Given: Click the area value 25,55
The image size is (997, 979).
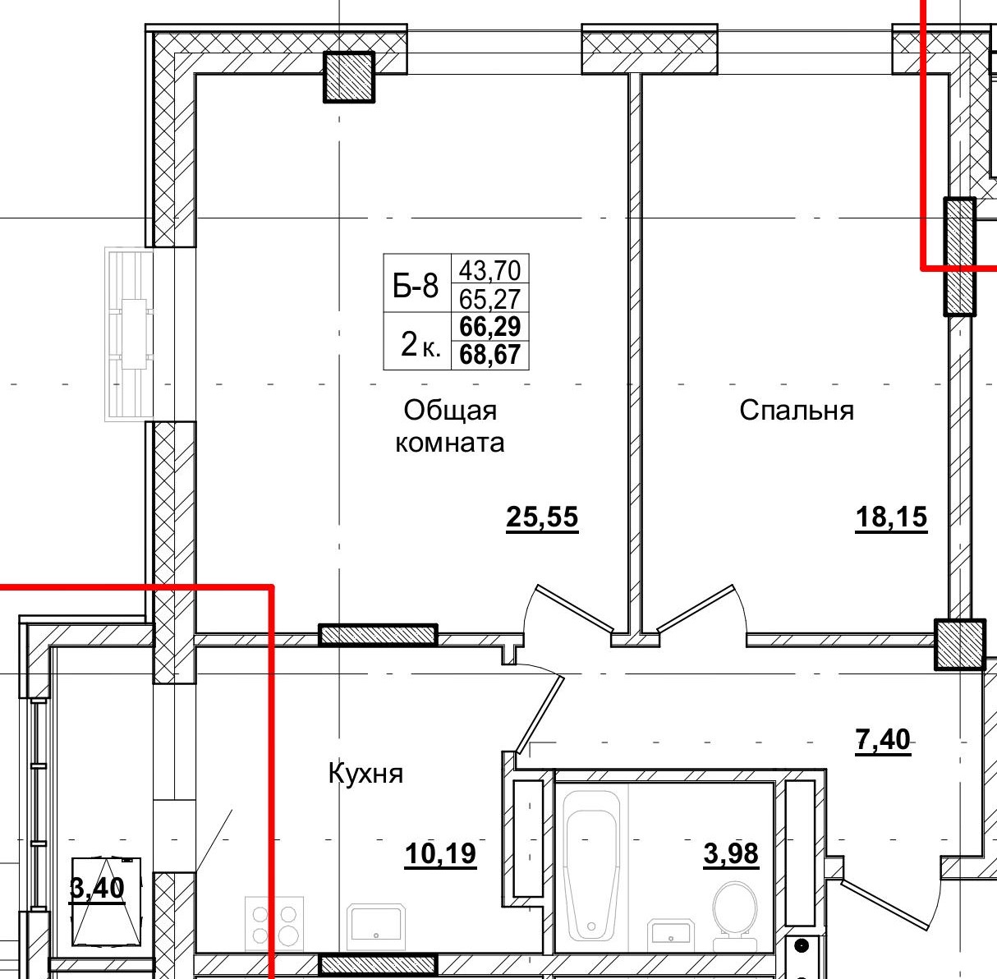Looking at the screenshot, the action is click(x=542, y=517).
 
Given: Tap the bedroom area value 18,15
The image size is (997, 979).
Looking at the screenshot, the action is click(x=891, y=517).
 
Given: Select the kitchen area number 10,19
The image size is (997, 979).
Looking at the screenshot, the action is click(x=440, y=853).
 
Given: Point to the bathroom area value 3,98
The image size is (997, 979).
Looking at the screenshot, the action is click(x=731, y=853).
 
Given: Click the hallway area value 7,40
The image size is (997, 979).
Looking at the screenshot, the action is click(x=883, y=739).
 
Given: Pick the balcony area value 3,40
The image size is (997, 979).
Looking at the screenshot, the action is click(x=97, y=888).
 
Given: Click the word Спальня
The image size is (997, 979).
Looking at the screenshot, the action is click(x=797, y=411).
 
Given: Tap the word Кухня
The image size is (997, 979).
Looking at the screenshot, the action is click(x=365, y=774).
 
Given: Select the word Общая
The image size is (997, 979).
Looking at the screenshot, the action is click(x=450, y=411).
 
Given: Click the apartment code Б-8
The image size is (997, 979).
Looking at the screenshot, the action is click(x=416, y=285).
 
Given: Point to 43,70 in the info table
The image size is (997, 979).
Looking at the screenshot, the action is click(x=490, y=269).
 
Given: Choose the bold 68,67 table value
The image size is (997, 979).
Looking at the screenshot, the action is click(x=490, y=355).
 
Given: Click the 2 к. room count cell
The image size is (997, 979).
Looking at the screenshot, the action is click(x=420, y=344).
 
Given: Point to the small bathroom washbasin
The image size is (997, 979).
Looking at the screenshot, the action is click(x=670, y=932).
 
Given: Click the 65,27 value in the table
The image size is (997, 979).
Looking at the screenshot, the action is click(x=490, y=299).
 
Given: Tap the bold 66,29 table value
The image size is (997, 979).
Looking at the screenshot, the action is click(x=490, y=327).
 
